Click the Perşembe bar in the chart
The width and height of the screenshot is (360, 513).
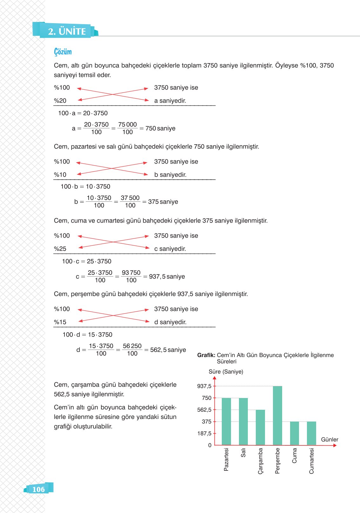tap(277, 415)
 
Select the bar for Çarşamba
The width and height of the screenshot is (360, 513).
tap(260, 427)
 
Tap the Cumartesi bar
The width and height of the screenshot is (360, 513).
tap(311, 433)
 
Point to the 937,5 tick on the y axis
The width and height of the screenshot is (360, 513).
tap(204, 386)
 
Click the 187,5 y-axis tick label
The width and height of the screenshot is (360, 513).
tap(204, 433)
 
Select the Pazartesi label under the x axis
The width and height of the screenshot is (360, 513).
tap(226, 459)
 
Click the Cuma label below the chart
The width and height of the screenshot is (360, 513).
tap(294, 456)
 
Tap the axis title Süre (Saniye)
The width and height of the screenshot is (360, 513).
tap(226, 372)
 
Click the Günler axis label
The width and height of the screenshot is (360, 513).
tap(329, 440)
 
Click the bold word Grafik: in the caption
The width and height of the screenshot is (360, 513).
tap(206, 355)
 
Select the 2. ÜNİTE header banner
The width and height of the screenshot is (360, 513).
tap(67, 31)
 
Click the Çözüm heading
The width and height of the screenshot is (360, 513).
tap(63, 52)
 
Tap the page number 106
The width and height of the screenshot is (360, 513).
tap(38, 489)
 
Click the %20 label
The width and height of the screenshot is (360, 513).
tap(60, 101)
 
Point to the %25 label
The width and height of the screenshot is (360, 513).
tap(60, 249)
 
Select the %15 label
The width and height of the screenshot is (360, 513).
tap(60, 322)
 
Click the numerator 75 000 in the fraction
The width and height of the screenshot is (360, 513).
tap(127, 125)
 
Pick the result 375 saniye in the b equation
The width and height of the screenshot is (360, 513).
tap(163, 202)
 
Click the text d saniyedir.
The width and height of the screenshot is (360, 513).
tap(170, 322)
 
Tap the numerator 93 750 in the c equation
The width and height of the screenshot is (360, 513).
tap(131, 273)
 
